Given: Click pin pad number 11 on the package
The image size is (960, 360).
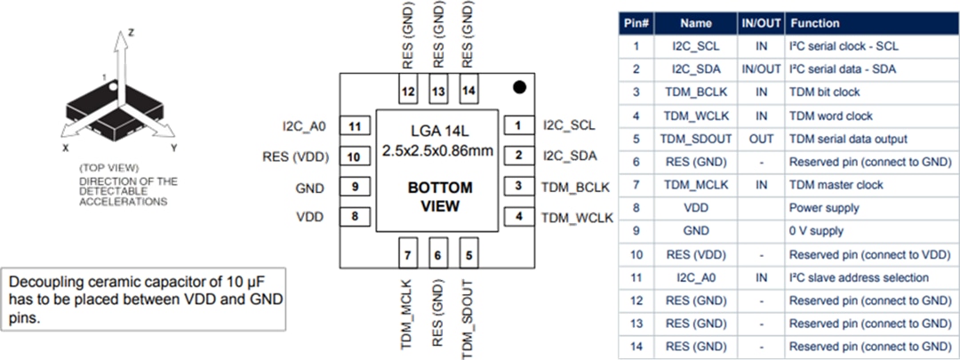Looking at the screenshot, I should [x=355, y=126].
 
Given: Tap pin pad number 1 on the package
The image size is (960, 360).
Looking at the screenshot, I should [x=517, y=126].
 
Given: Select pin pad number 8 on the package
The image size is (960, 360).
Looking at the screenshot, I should [x=355, y=217].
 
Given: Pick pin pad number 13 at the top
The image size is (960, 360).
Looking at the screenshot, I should [x=437, y=91].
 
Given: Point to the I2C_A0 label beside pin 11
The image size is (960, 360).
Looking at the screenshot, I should [x=306, y=126].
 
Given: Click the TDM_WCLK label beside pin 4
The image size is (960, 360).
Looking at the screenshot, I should [x=577, y=218].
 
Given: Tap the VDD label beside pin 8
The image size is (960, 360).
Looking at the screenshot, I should [x=310, y=217].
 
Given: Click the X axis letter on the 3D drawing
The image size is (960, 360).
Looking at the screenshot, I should [x=65, y=148].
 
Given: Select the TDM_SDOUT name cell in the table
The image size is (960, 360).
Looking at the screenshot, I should [x=697, y=139].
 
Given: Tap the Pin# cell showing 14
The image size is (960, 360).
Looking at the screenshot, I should [x=636, y=346].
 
